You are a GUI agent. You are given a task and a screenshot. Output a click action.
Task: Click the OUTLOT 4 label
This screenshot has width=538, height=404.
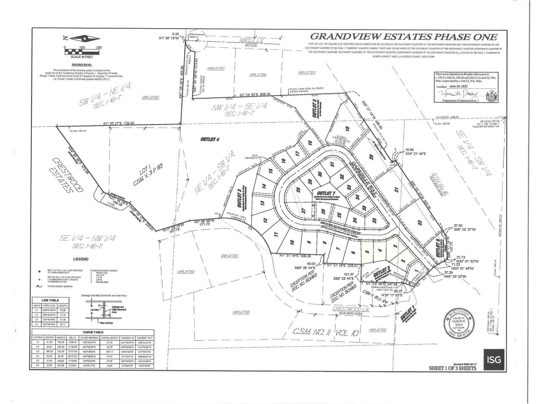(x=210, y=139)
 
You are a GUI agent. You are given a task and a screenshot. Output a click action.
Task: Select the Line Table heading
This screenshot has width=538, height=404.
(x=50, y=300)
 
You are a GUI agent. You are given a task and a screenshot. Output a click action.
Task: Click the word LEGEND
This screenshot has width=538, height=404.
(x=81, y=259)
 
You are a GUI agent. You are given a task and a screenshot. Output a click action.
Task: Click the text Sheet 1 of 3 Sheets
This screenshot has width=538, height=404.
(x=452, y=368)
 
